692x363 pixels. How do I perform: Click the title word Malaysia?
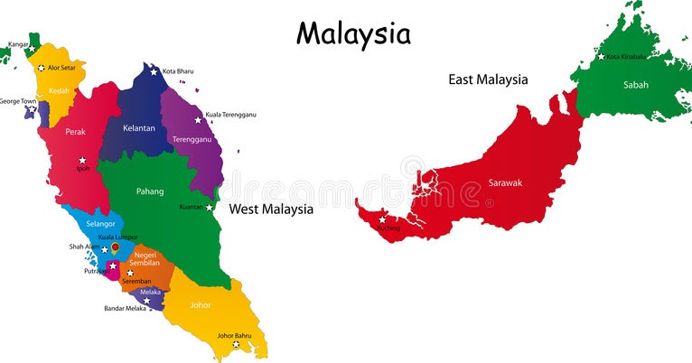pyautogui.click(x=353, y=33)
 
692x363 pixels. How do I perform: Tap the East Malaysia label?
pyautogui.click(x=488, y=79)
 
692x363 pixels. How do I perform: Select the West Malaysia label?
pyautogui.click(x=271, y=209)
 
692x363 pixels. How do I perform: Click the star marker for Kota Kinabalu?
pyautogui.click(x=601, y=57)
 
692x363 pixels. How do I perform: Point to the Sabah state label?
pyautogui.click(x=635, y=85)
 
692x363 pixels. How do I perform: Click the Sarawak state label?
pyautogui.click(x=505, y=182)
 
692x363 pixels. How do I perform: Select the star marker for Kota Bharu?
pyautogui.click(x=155, y=71)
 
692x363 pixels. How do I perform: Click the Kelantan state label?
pyautogui.click(x=139, y=128)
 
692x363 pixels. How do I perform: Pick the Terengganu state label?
pyautogui.click(x=192, y=140)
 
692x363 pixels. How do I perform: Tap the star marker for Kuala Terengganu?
pyautogui.click(x=199, y=119)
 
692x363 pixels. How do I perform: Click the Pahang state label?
pyautogui.click(x=150, y=191)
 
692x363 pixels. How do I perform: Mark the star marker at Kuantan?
pyautogui.click(x=210, y=207)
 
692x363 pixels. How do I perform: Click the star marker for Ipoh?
pyautogui.click(x=82, y=161)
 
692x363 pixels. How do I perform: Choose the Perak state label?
pyautogui.click(x=75, y=132)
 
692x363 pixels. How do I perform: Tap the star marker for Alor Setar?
pyautogui.click(x=41, y=68)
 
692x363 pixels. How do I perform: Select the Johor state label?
pyautogui.click(x=200, y=304)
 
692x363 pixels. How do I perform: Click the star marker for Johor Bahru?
pyautogui.click(x=236, y=344)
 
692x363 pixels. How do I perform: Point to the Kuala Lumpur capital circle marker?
pyautogui.click(x=115, y=247)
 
